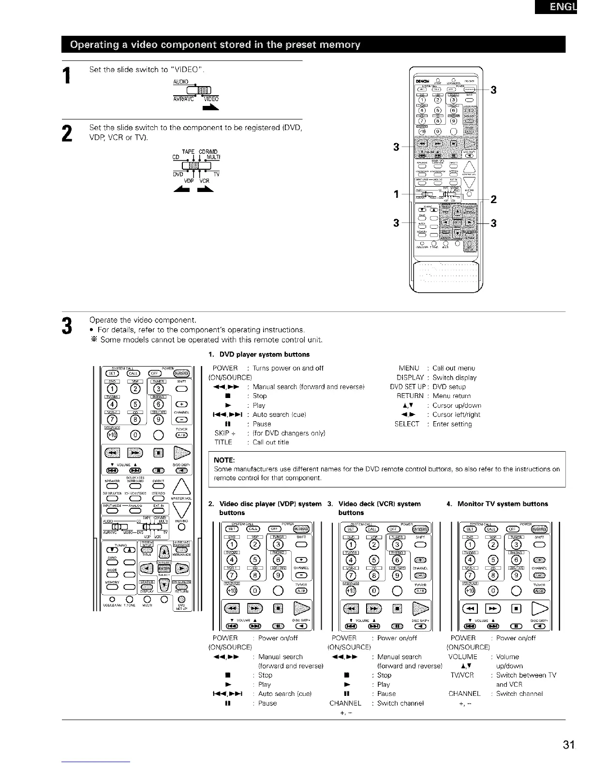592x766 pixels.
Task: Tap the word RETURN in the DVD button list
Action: point(410,396)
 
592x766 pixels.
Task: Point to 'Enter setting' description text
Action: point(452,424)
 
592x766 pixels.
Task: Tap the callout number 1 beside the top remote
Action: point(396,195)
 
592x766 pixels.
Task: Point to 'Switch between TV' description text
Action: point(526,675)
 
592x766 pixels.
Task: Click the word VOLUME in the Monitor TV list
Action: point(463,657)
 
